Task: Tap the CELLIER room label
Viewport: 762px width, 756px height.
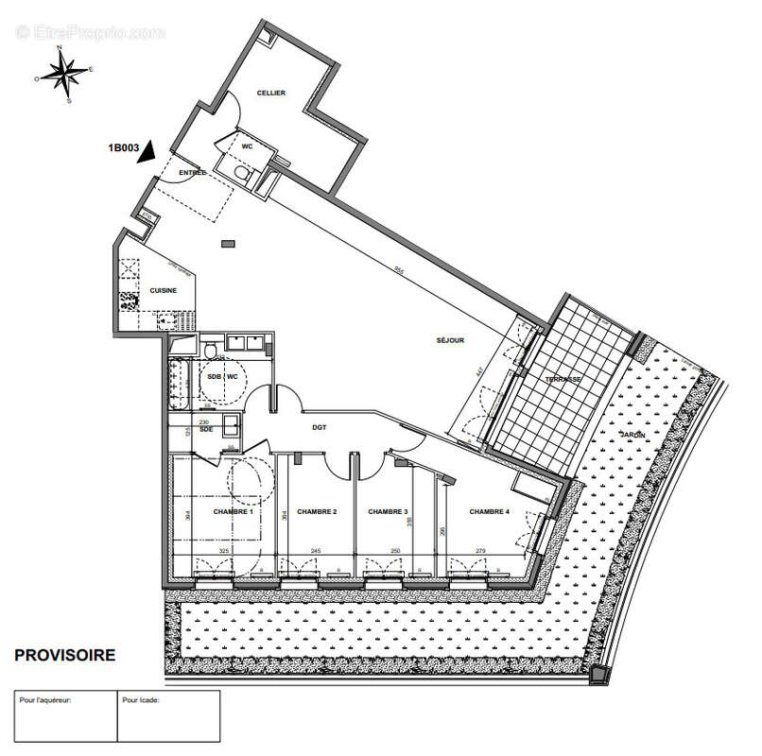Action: click(272, 93)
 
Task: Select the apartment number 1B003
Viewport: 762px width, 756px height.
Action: click(124, 147)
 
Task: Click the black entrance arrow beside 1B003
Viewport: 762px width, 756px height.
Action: click(146, 155)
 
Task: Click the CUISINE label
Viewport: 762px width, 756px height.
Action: click(164, 290)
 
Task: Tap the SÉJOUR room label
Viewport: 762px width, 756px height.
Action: click(450, 341)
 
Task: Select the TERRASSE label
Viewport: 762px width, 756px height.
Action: click(563, 379)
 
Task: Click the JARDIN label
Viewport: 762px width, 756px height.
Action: click(633, 434)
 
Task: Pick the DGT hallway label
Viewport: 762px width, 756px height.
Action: click(320, 427)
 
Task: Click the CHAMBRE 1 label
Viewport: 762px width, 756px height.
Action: click(233, 511)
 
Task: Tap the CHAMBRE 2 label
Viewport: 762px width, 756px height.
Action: click(317, 511)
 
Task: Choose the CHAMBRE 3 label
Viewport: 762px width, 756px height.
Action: click(387, 511)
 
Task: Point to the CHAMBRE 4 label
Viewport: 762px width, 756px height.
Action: click(489, 511)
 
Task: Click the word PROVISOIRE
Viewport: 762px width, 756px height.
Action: click(65, 654)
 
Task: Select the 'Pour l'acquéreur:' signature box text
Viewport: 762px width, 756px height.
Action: click(45, 700)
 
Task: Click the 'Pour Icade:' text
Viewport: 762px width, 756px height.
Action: click(141, 700)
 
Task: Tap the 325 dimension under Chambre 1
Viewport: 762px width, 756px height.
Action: click(224, 551)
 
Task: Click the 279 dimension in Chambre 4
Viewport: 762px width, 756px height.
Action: click(481, 551)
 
